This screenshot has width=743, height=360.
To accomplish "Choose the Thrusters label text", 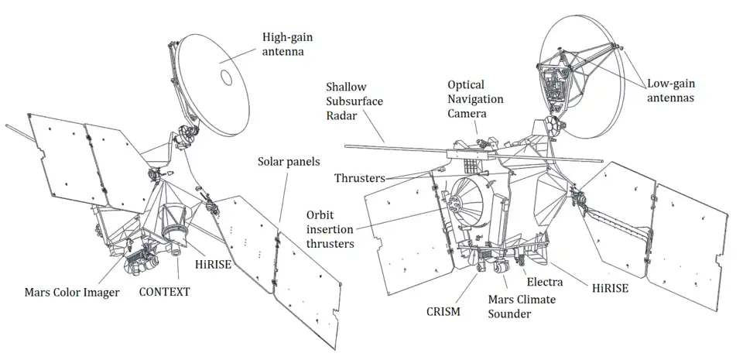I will pyautogui.click(x=361, y=178).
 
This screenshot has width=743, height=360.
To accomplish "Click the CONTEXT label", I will pyautogui.click(x=164, y=292).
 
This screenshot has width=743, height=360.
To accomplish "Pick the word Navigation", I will pyautogui.click(x=475, y=100).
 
